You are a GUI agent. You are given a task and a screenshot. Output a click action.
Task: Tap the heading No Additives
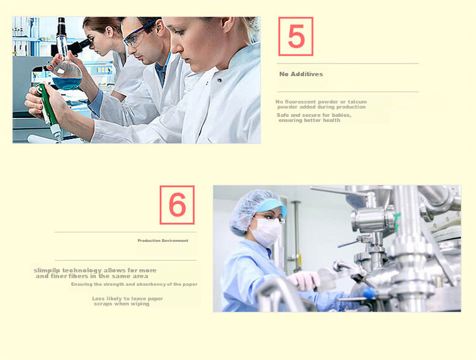point(301,74)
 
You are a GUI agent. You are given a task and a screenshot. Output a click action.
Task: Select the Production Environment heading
point(163,241)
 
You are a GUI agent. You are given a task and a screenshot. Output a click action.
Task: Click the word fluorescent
point(300,102)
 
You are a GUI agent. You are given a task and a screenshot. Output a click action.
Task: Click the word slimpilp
point(47,270)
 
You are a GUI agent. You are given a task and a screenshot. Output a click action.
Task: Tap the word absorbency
point(150,284)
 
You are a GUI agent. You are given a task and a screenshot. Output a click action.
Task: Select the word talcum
point(357,102)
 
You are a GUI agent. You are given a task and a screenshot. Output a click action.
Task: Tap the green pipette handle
point(48,104)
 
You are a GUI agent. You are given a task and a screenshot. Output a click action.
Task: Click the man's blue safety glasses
point(138,34)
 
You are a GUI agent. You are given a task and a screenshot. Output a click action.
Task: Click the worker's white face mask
point(266,232)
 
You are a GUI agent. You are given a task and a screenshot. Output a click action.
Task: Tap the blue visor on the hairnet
point(270,206)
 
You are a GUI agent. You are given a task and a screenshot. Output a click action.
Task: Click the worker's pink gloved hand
point(304,280)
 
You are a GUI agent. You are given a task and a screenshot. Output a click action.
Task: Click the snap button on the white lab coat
point(219,80)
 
